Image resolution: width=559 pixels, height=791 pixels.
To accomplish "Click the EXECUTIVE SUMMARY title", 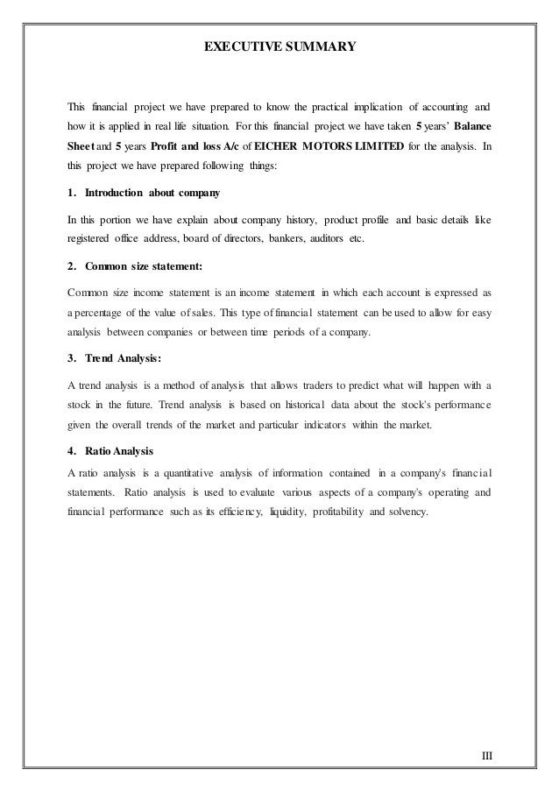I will [279, 41].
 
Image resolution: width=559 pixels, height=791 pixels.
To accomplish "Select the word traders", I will [329, 385].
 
